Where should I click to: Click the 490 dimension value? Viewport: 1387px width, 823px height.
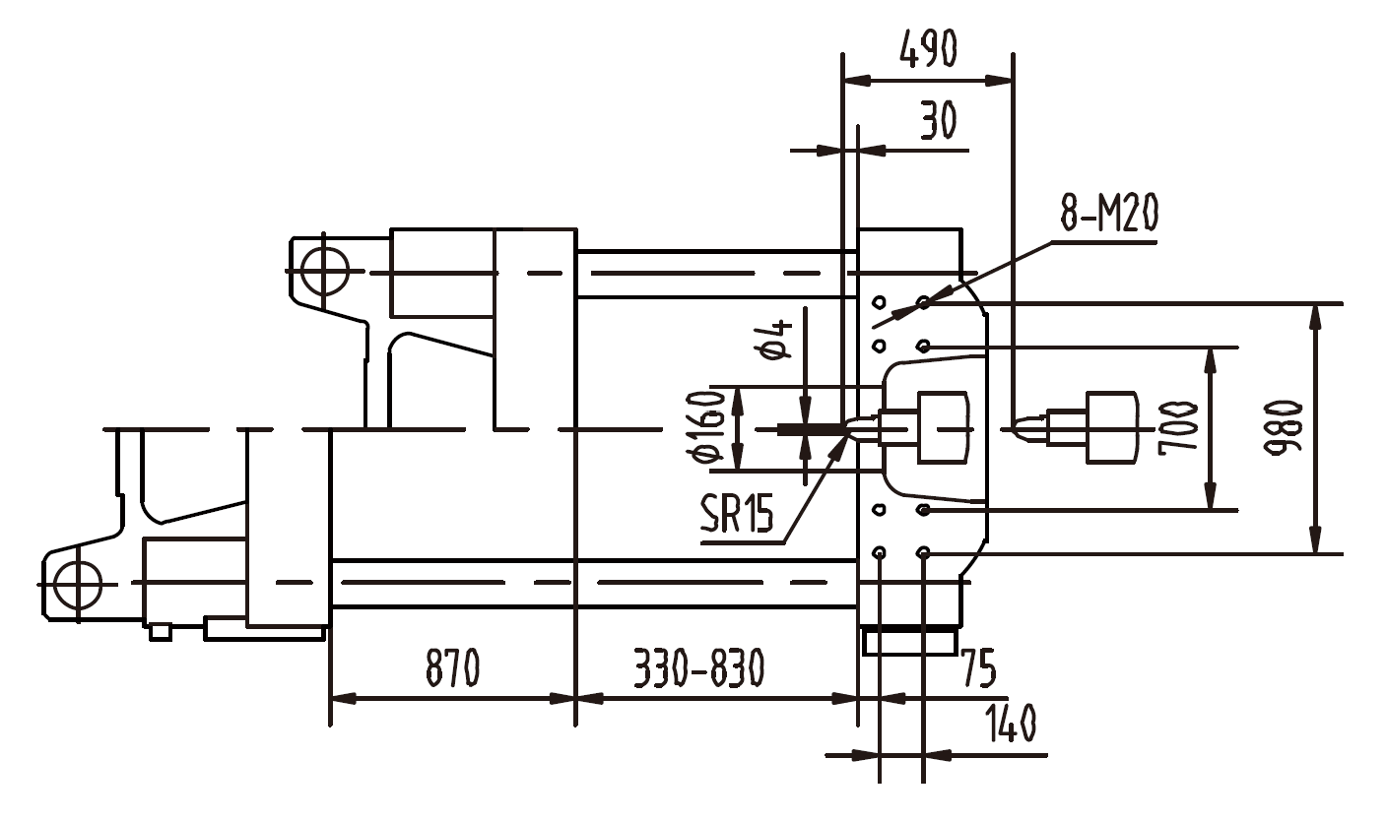(x=928, y=48)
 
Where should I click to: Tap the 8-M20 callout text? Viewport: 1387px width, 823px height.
(x=1108, y=213)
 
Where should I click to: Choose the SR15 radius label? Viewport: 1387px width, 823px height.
(x=737, y=514)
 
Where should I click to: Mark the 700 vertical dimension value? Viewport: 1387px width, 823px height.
(x=1178, y=427)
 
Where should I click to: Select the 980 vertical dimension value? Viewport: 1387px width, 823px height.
(x=1285, y=427)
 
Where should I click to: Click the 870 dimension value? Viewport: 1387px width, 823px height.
(x=452, y=668)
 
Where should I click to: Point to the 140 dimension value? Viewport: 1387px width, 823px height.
(x=1010, y=726)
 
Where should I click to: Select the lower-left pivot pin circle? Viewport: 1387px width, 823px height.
(x=77, y=584)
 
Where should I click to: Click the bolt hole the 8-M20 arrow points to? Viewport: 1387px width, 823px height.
(x=924, y=301)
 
